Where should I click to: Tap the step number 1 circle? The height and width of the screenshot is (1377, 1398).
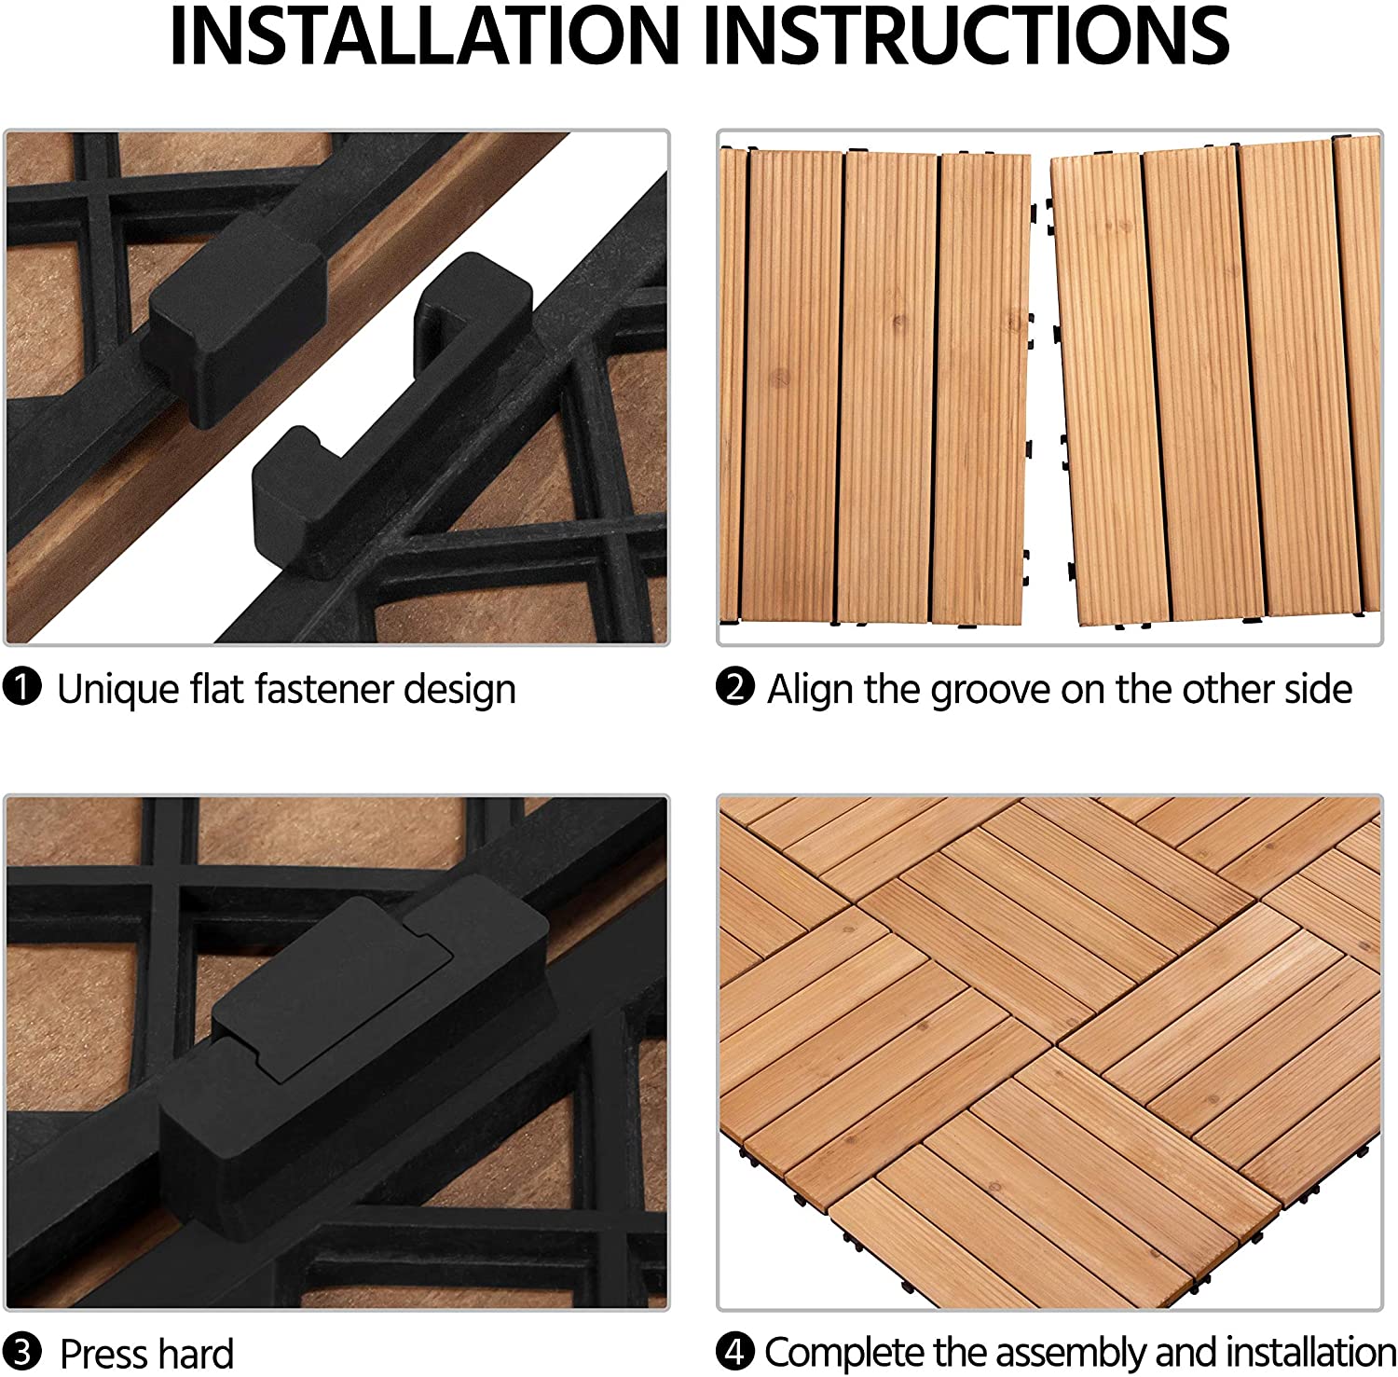point(22,689)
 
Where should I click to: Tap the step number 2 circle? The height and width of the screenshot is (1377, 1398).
point(735,688)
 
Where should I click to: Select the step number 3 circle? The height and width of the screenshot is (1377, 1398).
point(22,1353)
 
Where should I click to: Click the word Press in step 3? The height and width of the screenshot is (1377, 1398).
point(103,1354)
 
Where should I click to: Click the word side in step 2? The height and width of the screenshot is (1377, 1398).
point(1317,690)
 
